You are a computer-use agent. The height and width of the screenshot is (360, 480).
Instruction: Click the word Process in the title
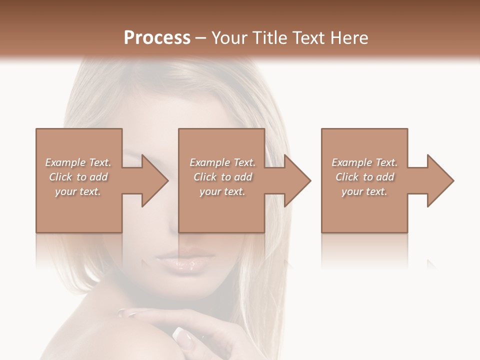[x=157, y=38]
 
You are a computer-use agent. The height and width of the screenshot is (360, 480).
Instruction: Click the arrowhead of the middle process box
[x=296, y=180]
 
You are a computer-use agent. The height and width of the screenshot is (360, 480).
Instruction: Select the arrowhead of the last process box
[x=439, y=180]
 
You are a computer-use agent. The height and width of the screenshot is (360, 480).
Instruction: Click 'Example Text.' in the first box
[x=78, y=162]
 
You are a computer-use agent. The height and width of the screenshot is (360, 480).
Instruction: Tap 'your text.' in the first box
[x=78, y=191]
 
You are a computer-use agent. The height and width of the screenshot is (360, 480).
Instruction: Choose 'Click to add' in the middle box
[x=222, y=177]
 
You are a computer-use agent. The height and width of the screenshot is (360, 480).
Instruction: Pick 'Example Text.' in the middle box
[x=222, y=162]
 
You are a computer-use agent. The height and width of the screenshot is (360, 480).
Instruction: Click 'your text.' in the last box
[x=364, y=191]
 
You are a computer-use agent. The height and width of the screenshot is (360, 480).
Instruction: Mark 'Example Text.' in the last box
[x=364, y=162]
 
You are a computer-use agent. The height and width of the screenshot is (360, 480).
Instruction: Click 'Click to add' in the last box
[x=364, y=177]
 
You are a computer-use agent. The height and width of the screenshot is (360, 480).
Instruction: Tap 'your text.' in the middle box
[x=222, y=191]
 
